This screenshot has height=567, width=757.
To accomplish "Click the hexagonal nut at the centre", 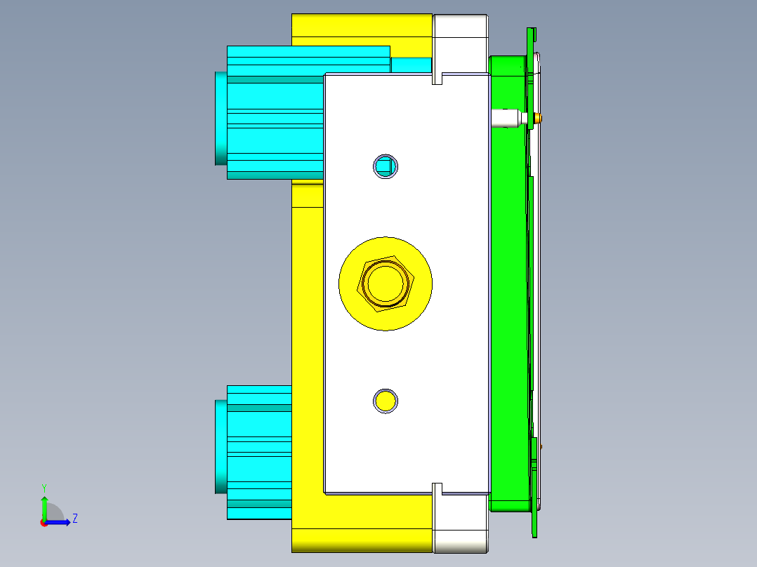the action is point(386,283).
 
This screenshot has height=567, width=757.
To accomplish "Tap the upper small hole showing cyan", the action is point(386,166).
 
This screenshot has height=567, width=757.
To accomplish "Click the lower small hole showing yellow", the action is point(386,401).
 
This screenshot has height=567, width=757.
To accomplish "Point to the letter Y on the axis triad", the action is point(44,488).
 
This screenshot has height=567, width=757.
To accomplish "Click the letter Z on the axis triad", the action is point(75,519).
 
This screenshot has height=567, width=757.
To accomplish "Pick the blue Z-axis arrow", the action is point(58,522).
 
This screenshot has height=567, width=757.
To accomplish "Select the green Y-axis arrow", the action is point(44,508).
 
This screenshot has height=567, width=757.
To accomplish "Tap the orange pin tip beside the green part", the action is point(538,118).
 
